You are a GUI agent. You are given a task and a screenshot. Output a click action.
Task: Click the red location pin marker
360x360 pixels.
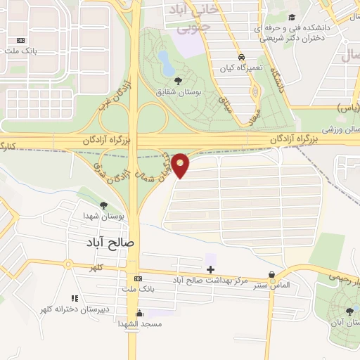(181, 165)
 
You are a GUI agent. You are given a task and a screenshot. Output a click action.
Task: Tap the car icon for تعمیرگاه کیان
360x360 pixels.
(240, 56)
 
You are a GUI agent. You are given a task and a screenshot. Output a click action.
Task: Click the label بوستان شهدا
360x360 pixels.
(103, 217)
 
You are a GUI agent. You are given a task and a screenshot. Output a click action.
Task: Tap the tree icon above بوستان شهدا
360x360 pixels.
(103, 205)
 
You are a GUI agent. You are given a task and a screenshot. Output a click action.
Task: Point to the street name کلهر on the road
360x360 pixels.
(96, 267)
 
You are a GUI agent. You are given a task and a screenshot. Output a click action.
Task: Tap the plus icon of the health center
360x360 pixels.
(210, 269)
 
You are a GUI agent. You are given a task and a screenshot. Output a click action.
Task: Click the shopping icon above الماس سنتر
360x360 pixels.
(272, 275)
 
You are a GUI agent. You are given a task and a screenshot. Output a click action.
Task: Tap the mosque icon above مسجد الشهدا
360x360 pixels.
(139, 314)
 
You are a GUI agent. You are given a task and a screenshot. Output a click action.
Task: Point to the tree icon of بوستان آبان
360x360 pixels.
(349, 312)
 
